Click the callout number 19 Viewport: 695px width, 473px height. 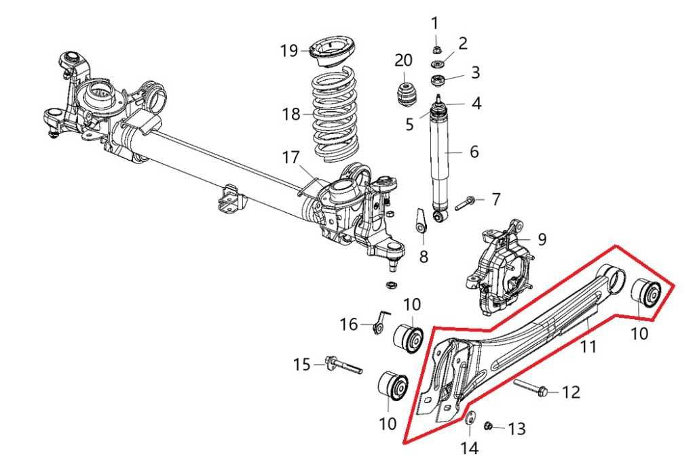(x=289, y=51)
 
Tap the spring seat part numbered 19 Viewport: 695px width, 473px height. (x=334, y=54)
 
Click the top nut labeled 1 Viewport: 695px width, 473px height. (x=437, y=49)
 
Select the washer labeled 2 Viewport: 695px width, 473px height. (x=438, y=65)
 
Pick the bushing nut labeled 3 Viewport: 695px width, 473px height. (x=438, y=82)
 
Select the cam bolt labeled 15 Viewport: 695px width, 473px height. (x=343, y=365)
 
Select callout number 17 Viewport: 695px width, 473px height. (x=291, y=158)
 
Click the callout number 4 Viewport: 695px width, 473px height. (x=476, y=104)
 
